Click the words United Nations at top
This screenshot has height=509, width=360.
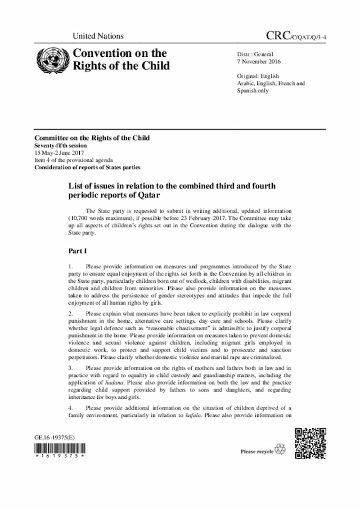point(98,36)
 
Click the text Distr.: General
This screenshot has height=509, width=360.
point(256,53)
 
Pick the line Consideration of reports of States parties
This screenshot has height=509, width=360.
point(87,168)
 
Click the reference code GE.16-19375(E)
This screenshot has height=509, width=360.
point(56,436)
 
